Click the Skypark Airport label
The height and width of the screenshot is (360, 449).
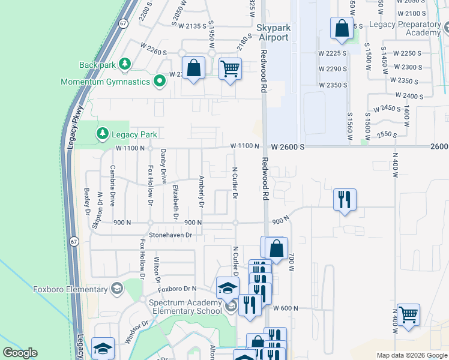point(273,32)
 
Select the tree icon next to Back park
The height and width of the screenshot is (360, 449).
point(125,64)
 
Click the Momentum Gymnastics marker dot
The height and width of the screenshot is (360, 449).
point(159,80)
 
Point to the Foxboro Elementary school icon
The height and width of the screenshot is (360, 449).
point(116,289)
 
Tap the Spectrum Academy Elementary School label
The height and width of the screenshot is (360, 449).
point(187,307)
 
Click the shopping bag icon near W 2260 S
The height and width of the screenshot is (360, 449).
point(193,68)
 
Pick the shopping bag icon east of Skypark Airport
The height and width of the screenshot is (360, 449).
point(342,28)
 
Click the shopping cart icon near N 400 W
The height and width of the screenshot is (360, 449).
point(408,314)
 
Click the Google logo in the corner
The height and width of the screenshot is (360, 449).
point(20,353)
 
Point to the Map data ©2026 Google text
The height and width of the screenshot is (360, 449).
point(411,355)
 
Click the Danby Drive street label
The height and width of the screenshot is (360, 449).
point(163,166)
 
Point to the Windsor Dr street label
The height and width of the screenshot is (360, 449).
point(137,332)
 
